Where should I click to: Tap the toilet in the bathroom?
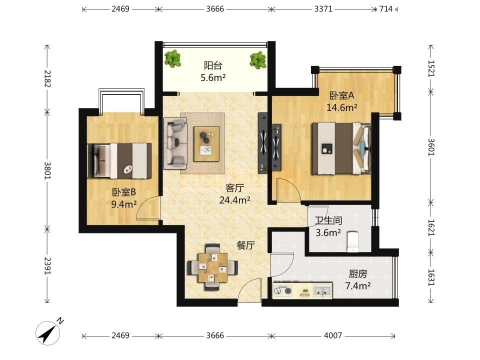tap(352, 242)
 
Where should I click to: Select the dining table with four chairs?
tap(213, 267)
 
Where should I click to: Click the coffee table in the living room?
tap(206, 144)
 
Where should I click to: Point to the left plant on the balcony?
tap(172, 58)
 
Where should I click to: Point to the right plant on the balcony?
tap(258, 59)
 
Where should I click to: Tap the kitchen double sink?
tap(322, 290)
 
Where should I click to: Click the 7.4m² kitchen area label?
tap(358, 286)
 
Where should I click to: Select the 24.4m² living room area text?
tap(235, 200)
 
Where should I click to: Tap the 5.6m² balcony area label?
tap(213, 78)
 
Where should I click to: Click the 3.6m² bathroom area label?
tap(328, 233)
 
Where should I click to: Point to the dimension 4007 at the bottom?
tap(333, 335)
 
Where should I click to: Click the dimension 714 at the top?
tap(385, 9)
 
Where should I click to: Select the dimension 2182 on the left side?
tap(47, 78)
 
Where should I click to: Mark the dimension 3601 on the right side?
tap(431, 147)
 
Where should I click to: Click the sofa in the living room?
tap(175, 143)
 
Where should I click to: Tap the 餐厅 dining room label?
tap(245, 245)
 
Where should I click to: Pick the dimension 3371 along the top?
tap(323, 9)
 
